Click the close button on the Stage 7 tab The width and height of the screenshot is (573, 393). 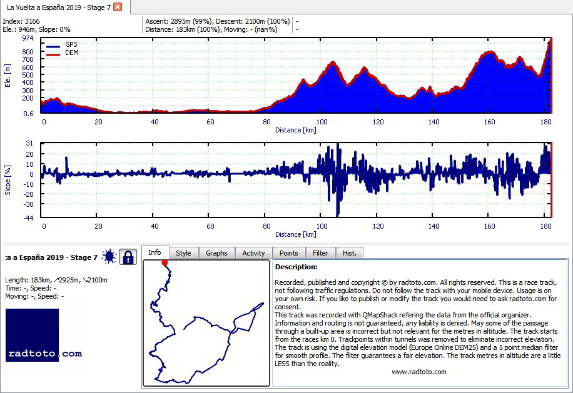coord(118,7)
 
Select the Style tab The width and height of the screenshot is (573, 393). coord(183,253)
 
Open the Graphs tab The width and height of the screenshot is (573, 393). coord(216,253)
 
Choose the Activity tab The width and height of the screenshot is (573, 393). coord(253,253)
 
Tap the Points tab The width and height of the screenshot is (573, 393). coord(289,253)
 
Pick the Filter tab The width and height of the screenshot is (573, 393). coord(320,253)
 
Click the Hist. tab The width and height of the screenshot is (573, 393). coord(349,253)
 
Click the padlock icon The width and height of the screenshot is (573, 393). coord(128,257)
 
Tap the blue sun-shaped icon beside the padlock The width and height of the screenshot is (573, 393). coord(109,257)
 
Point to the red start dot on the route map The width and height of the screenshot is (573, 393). coord(165,263)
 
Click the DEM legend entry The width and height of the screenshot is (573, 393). coord(63,53)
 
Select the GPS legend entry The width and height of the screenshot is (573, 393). coord(62,45)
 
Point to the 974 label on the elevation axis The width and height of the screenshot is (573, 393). coord(28,38)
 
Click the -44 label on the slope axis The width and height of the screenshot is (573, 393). coord(29,218)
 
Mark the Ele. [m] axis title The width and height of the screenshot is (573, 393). coord(8,76)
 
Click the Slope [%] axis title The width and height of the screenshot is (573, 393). coord(8,180)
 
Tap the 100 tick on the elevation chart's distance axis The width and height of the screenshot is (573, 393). coord(322,122)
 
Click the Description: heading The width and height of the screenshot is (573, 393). coord(297,267)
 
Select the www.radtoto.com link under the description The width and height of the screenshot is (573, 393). coord(418,372)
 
